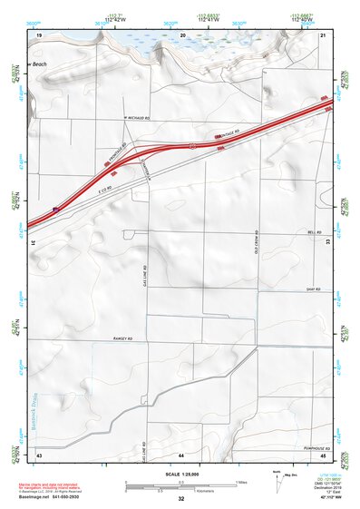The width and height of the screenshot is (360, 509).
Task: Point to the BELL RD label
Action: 316,233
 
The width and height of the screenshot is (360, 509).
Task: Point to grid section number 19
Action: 39,34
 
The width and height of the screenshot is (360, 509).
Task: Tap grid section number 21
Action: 324,34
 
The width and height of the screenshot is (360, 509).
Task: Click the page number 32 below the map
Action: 181,500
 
